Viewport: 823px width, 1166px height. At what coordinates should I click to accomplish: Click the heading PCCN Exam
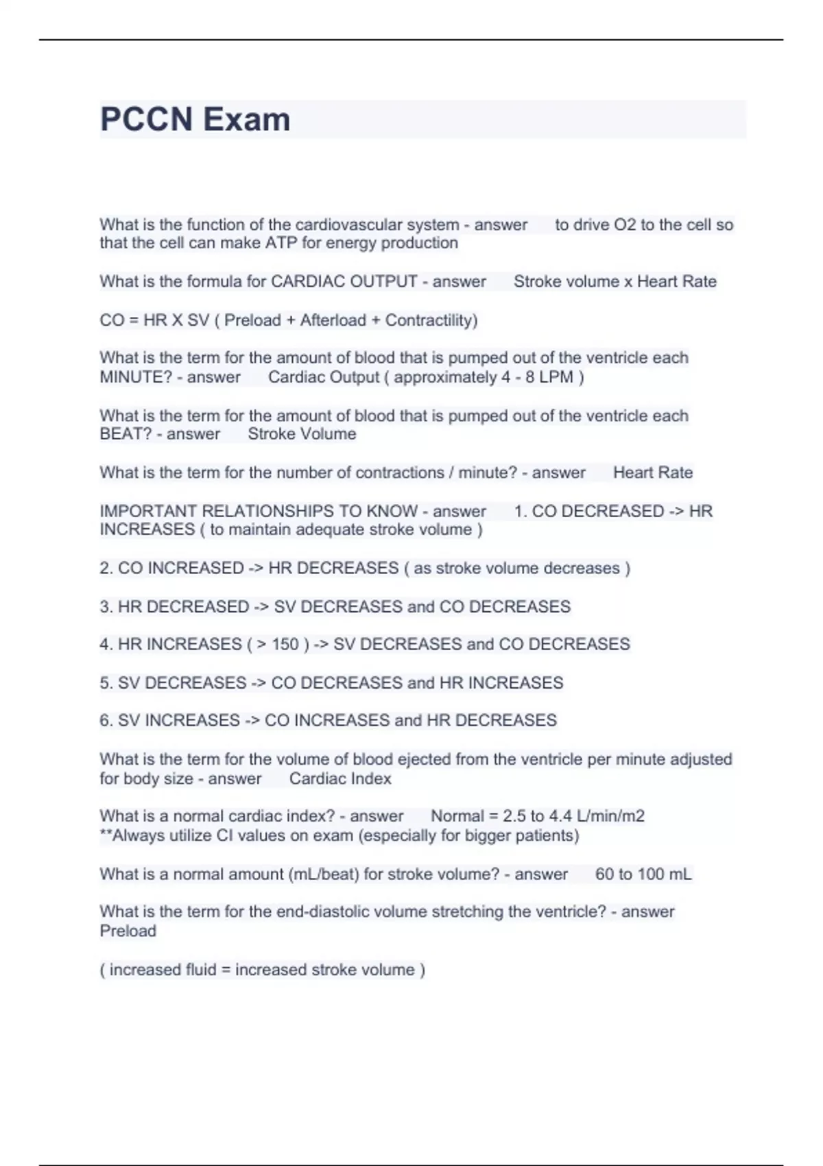click(x=195, y=119)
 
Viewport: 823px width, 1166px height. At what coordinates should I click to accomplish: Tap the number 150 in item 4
click(x=285, y=644)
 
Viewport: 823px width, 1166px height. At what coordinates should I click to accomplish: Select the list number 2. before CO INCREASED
click(x=106, y=569)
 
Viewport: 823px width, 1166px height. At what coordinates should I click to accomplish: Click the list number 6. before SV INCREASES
click(x=106, y=720)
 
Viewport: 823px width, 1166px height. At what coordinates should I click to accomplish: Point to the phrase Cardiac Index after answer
click(x=340, y=778)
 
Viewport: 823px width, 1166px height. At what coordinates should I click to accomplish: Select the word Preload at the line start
click(x=128, y=931)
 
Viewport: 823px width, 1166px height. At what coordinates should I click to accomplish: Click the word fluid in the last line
click(x=198, y=970)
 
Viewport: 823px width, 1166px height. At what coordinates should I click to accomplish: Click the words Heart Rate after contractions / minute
click(x=653, y=473)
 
